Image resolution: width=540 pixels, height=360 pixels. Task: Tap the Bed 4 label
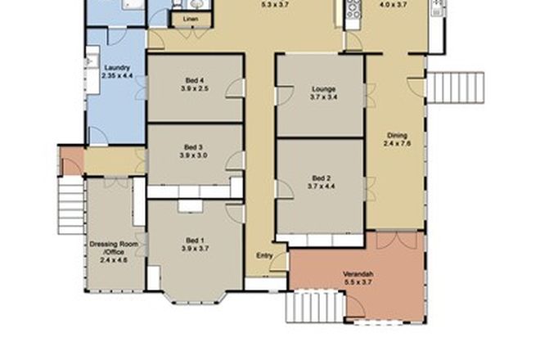click(194, 80)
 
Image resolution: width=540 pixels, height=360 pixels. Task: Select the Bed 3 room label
click(194, 148)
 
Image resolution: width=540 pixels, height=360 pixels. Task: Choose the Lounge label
click(320, 89)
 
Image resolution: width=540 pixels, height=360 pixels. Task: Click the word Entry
click(263, 255)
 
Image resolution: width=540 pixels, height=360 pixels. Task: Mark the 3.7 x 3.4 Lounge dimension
click(320, 97)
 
